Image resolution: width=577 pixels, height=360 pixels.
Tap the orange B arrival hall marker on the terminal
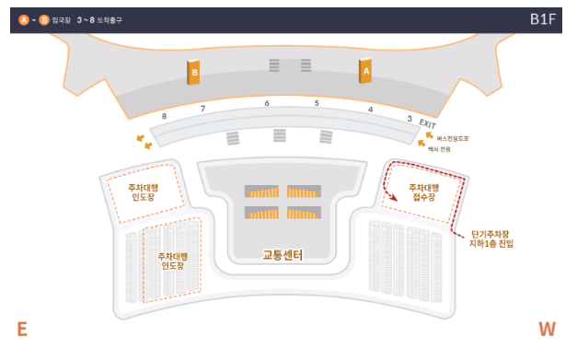click(194, 71)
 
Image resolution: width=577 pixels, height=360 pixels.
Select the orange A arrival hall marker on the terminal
click(365, 71)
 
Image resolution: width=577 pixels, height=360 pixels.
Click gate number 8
click(164, 117)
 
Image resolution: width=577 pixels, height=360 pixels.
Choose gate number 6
click(267, 103)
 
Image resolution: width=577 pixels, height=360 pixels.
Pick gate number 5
click(317, 103)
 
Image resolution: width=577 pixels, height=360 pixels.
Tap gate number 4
click(370, 110)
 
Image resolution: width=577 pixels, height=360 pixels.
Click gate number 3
click(410, 119)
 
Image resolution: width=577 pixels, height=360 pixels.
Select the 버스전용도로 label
click(453, 138)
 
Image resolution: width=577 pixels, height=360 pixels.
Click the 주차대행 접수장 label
click(422, 192)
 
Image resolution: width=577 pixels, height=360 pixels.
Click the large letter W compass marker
click(548, 331)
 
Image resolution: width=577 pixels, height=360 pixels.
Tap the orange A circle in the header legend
click(23, 19)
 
